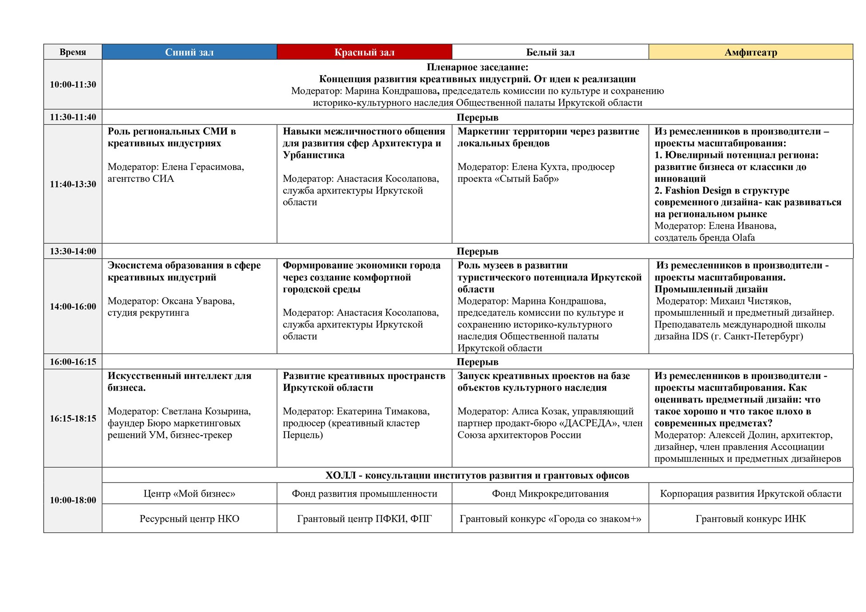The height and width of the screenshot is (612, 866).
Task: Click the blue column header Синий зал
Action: (x=189, y=52)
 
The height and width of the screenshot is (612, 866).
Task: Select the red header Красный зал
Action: (x=364, y=52)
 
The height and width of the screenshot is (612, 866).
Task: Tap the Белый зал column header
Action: (x=550, y=52)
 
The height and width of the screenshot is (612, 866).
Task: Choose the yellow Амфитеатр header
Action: (x=751, y=52)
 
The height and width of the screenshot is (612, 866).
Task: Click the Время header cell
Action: (x=73, y=52)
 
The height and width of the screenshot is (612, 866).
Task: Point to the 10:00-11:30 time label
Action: (x=73, y=84)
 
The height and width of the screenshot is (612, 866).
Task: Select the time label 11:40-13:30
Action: (x=73, y=184)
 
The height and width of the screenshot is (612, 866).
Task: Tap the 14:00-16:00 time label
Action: (x=73, y=307)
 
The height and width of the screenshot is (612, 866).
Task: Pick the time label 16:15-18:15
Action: (x=73, y=419)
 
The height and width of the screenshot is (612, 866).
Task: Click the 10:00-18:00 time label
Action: (x=73, y=500)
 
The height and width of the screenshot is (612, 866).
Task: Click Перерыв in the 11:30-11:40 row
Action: (x=477, y=117)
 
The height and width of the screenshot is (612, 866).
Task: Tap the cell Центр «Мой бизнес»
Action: (x=189, y=494)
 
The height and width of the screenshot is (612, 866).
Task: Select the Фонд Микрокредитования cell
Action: (x=550, y=494)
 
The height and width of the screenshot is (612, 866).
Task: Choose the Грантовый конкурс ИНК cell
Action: (x=751, y=519)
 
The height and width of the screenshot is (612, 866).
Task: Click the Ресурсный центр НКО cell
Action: (x=189, y=519)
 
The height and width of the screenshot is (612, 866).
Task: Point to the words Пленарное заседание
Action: (x=477, y=68)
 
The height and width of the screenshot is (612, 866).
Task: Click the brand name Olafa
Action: (x=743, y=238)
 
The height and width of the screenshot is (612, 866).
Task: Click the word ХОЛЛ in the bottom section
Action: (x=341, y=476)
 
